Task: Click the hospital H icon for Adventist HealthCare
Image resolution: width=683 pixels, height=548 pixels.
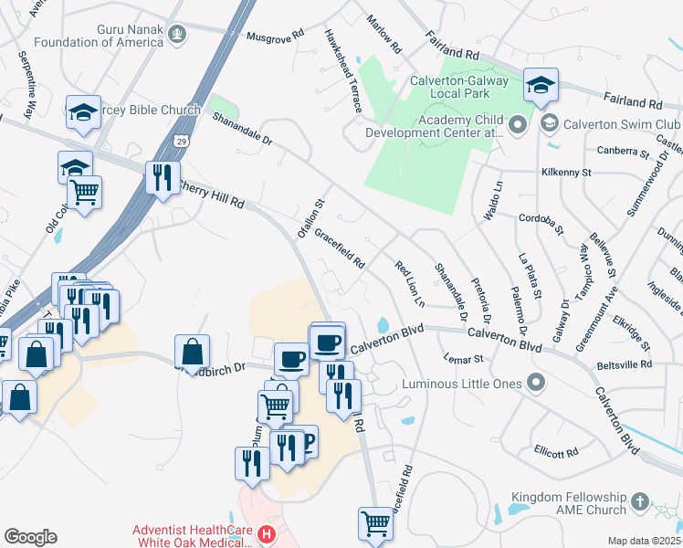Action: point(266,533)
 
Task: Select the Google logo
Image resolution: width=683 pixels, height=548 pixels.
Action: point(30,536)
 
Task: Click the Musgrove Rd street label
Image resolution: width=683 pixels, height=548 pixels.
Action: point(275,36)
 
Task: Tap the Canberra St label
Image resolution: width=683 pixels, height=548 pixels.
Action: point(622,151)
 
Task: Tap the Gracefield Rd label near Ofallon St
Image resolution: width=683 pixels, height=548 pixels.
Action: point(340,248)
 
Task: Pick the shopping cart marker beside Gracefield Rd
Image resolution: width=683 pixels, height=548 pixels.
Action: point(374,522)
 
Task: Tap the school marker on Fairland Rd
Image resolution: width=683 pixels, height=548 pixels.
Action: point(541,85)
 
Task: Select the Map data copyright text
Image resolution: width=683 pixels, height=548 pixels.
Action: point(644,540)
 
